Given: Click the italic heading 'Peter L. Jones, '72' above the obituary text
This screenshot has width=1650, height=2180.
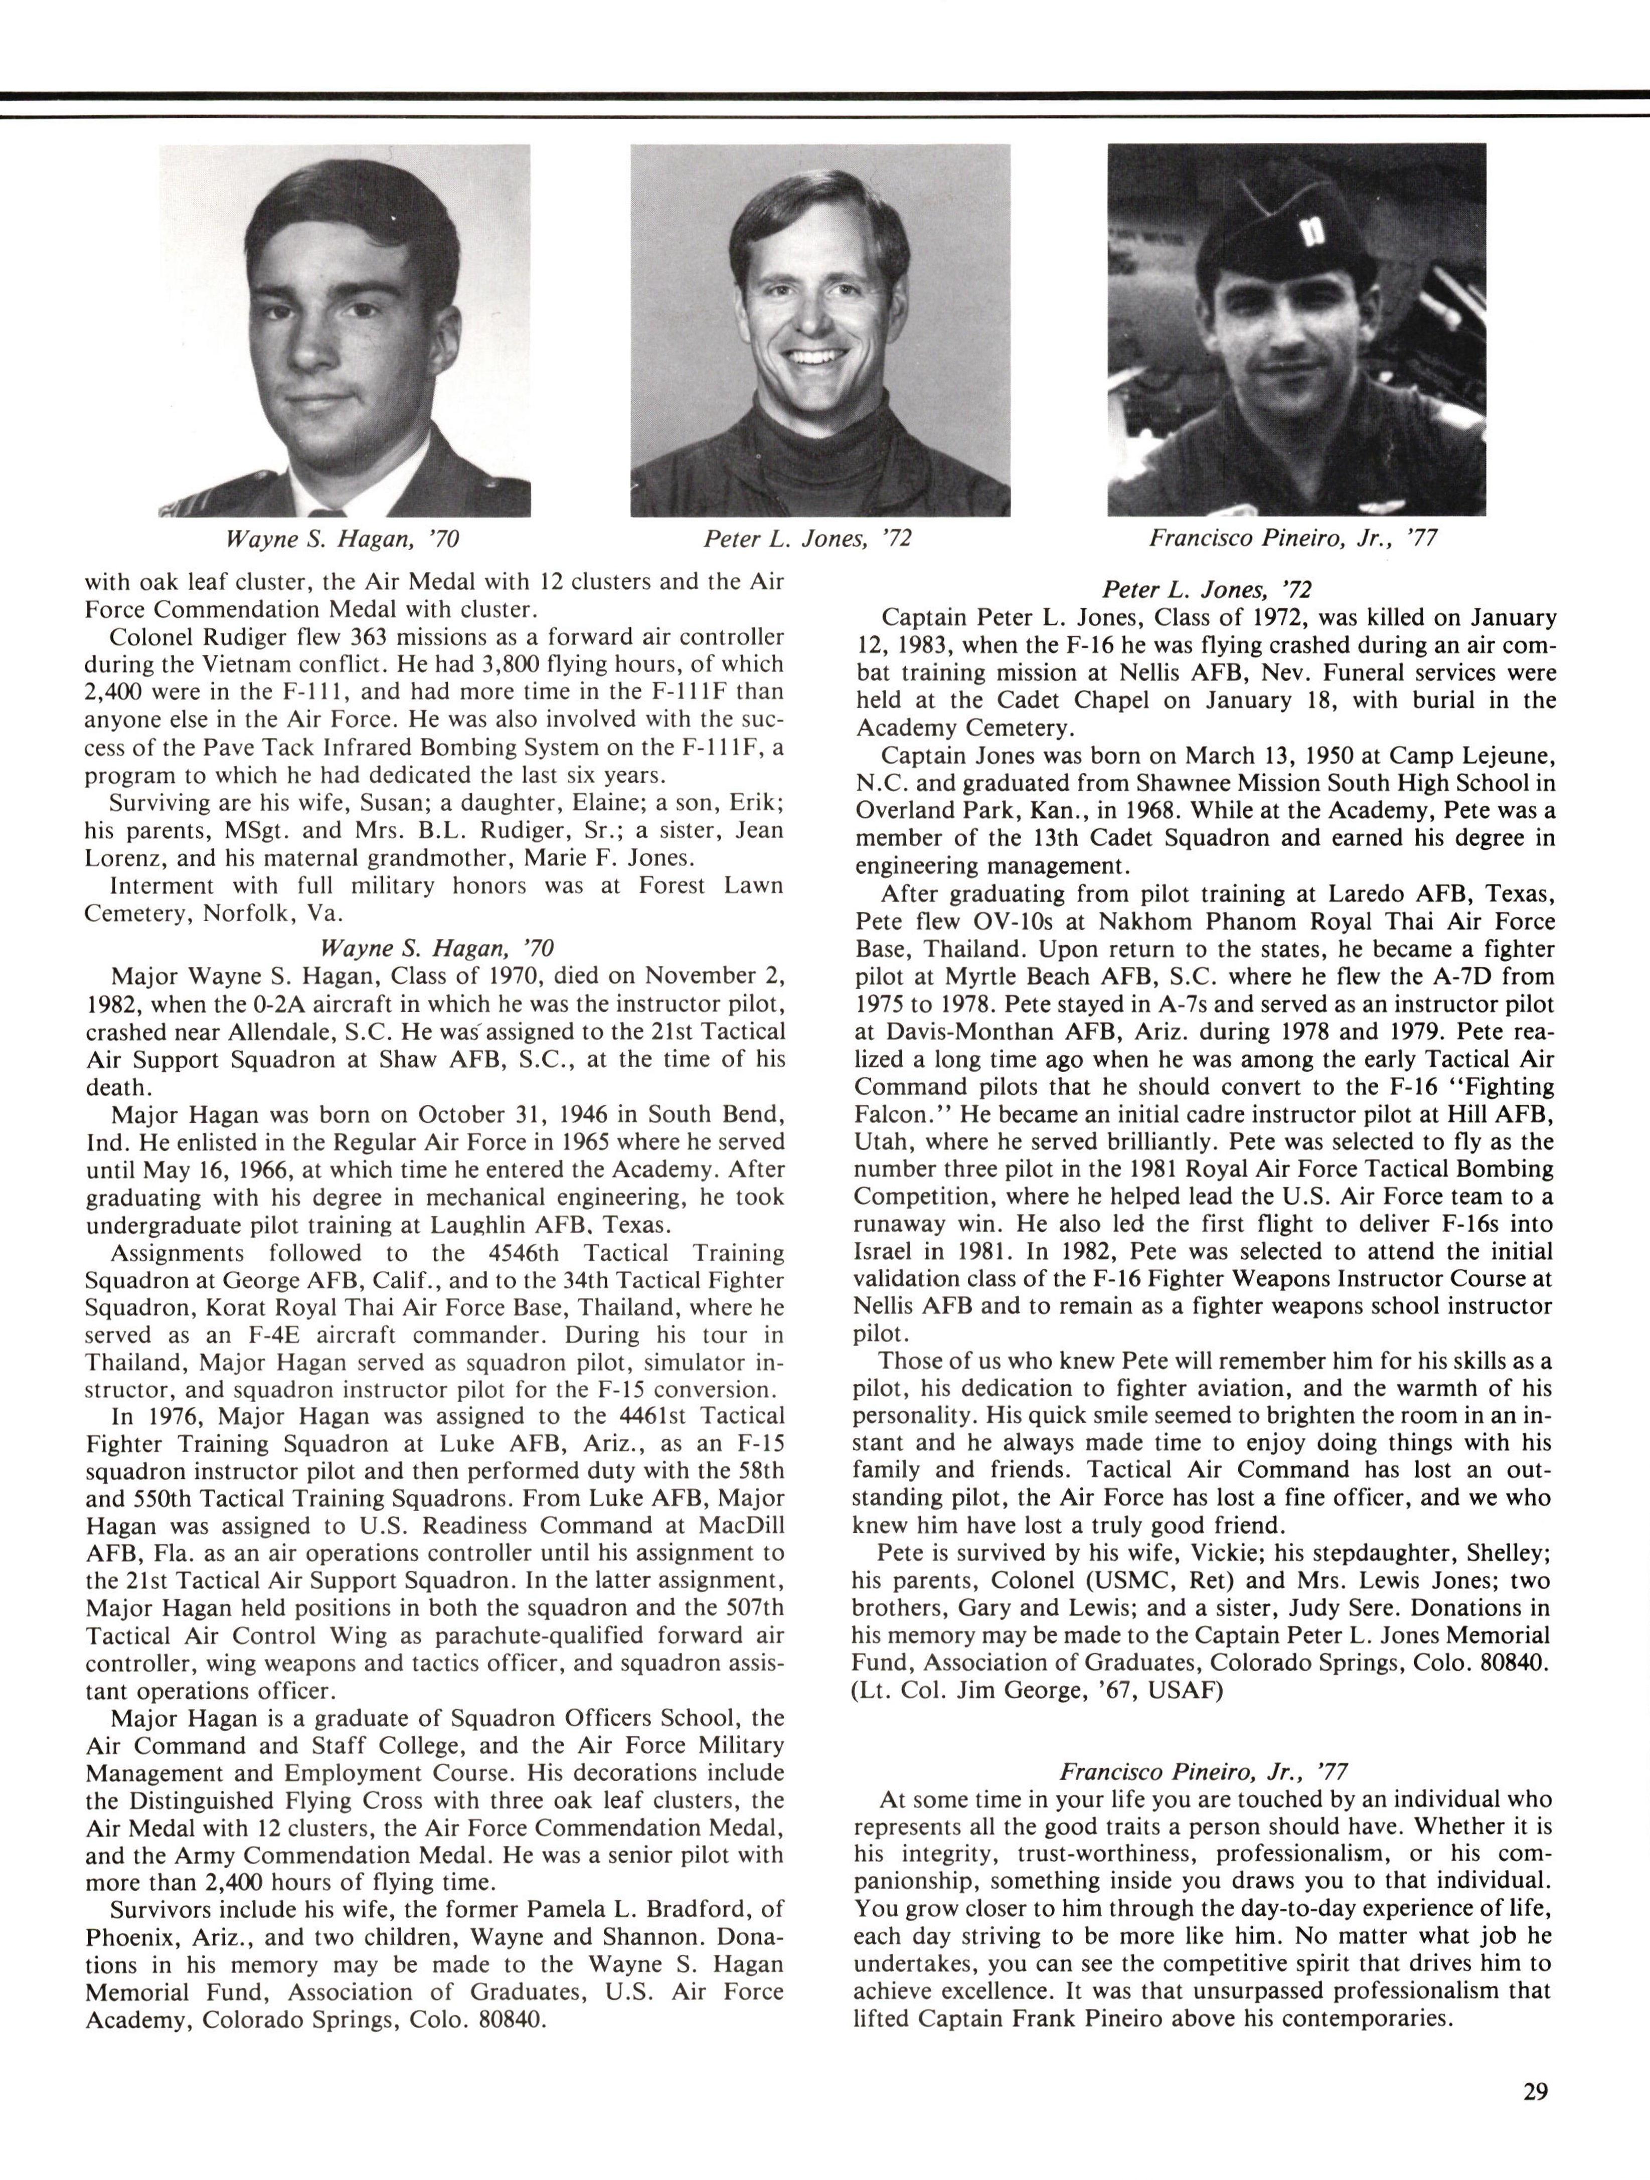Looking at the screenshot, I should coord(1207,589).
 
